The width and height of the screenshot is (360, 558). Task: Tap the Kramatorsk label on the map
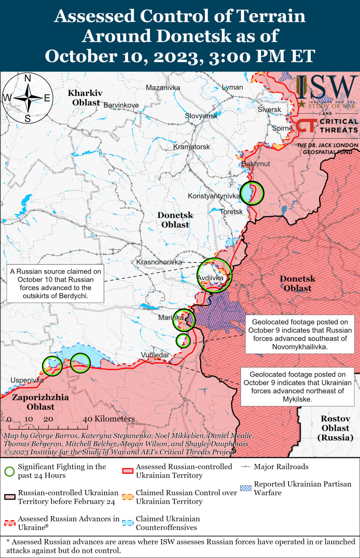click(192, 147)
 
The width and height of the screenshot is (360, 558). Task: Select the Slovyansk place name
click(201, 116)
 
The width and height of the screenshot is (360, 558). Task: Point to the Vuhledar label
click(155, 355)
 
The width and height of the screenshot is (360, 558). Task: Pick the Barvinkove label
click(121, 105)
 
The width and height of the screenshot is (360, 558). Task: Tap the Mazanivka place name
click(163, 88)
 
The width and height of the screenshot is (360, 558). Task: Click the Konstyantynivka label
click(214, 196)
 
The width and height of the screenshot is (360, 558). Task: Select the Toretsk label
click(231, 211)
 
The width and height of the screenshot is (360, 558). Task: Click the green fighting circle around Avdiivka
click(214, 276)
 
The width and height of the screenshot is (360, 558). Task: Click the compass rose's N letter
click(27, 78)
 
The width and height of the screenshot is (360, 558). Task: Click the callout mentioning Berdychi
click(55, 283)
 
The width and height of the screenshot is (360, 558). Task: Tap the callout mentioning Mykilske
click(298, 387)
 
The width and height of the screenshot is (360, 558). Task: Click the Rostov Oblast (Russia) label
click(336, 428)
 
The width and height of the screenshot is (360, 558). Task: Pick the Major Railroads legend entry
click(281, 466)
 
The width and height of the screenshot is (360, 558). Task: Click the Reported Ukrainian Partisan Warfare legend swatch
click(246, 488)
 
